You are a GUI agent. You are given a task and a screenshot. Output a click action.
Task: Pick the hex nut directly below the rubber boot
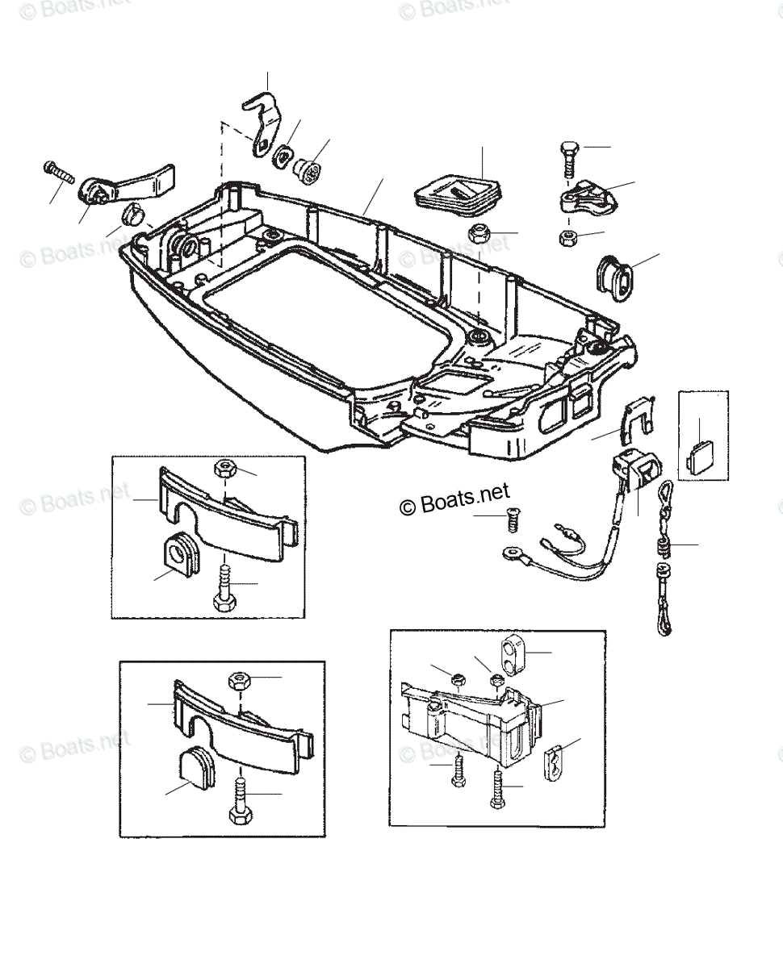(x=479, y=235)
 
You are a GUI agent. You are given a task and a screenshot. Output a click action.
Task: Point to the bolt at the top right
(x=567, y=157)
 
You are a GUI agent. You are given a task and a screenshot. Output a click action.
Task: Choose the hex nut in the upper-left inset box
(x=224, y=469)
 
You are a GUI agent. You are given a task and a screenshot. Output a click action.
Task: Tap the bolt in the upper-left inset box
(x=223, y=589)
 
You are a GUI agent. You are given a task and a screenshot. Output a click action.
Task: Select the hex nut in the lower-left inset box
(x=240, y=679)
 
